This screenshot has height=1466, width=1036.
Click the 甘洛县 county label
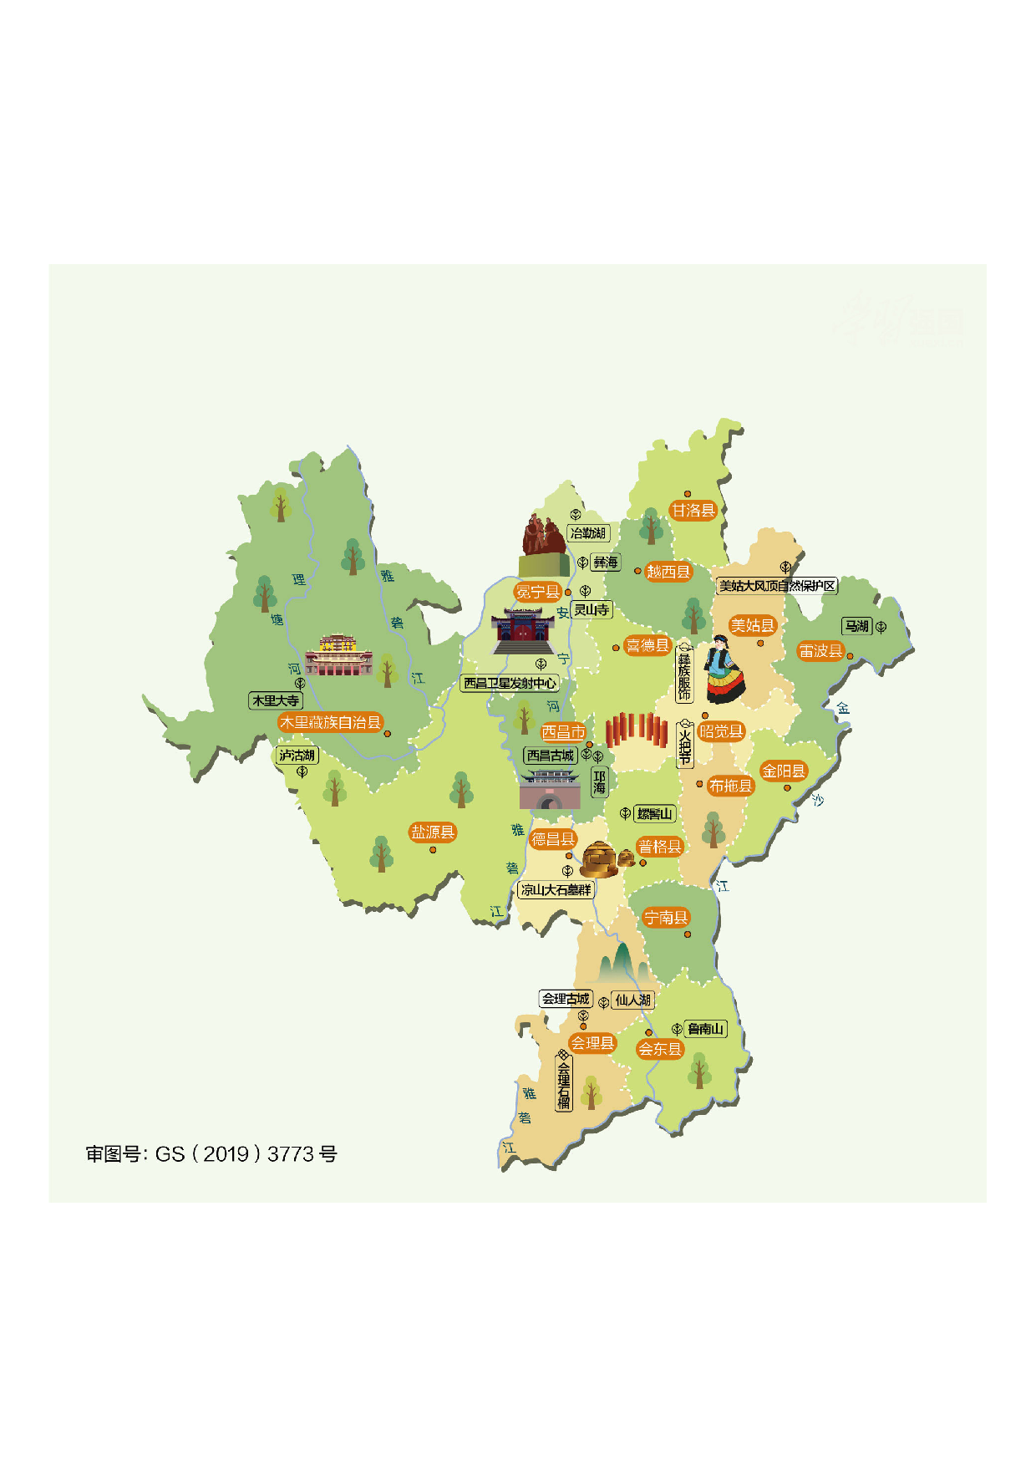click(x=693, y=511)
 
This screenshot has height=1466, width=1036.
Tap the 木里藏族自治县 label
click(x=330, y=722)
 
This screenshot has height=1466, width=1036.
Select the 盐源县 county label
click(x=433, y=832)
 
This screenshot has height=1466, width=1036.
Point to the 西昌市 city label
click(x=563, y=732)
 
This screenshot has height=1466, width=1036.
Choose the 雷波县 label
click(x=820, y=651)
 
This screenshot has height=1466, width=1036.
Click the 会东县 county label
click(x=660, y=1049)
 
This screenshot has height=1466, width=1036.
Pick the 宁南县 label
click(x=666, y=918)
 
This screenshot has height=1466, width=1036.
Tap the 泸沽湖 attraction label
click(x=297, y=756)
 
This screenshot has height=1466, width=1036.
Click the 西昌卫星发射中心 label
click(x=510, y=683)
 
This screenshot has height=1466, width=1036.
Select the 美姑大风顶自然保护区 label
click(x=777, y=586)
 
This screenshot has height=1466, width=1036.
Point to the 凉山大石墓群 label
click(x=556, y=890)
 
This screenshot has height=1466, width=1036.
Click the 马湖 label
click(x=856, y=626)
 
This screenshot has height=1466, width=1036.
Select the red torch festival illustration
click(x=635, y=730)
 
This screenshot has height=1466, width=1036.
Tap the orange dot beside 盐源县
click(x=433, y=850)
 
